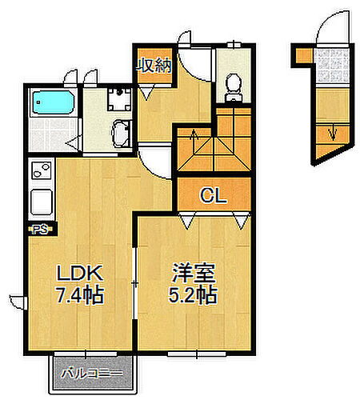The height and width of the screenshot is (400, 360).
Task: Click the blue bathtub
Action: tap(53, 104)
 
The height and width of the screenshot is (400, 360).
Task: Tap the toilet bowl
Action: tap(234, 85)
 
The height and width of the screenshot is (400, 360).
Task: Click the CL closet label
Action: tap(212, 194)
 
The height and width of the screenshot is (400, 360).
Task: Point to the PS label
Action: tap(39, 230)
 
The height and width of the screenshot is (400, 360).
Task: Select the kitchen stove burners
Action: tap(40, 170)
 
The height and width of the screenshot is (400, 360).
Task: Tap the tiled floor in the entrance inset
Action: tap(333, 64)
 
